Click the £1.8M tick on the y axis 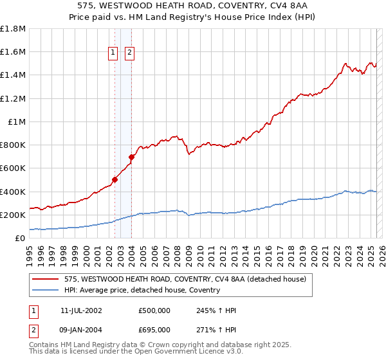13,29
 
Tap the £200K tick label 13,215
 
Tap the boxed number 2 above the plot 129,53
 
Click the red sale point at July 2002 115,180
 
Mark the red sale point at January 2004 131,157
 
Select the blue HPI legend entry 142,290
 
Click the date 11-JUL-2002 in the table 81,310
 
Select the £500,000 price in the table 154,310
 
